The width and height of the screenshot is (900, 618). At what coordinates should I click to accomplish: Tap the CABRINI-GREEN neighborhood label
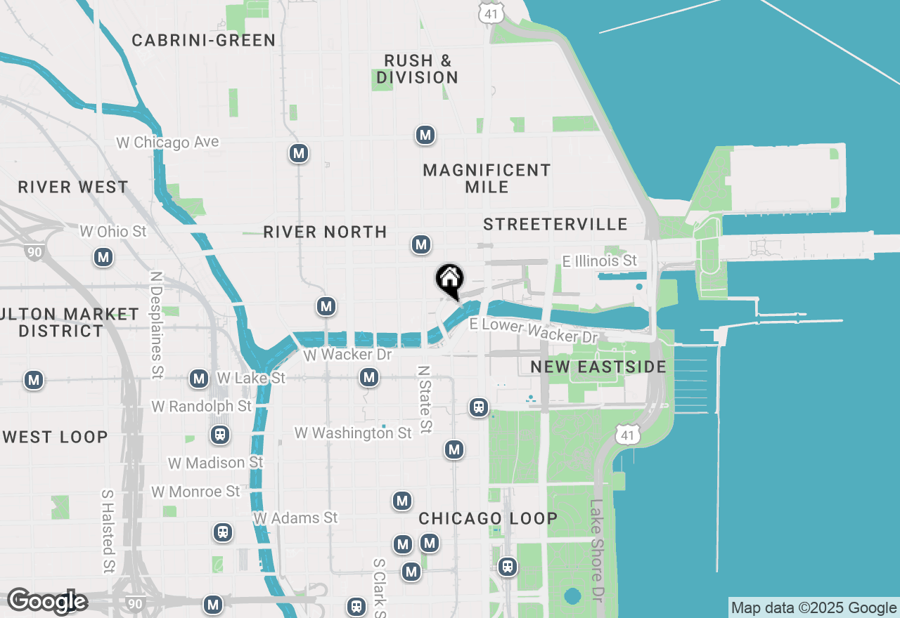click(204, 41)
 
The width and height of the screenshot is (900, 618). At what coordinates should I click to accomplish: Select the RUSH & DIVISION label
click(417, 69)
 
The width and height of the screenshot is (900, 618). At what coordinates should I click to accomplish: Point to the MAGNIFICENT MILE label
click(487, 178)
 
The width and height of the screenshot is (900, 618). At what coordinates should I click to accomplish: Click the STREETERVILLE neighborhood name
click(555, 224)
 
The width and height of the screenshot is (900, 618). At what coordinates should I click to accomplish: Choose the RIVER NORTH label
click(325, 232)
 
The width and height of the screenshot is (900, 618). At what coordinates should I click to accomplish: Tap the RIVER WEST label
click(73, 187)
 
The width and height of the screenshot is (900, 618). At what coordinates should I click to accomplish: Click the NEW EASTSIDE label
click(598, 367)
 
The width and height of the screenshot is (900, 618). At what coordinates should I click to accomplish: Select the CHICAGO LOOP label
click(488, 518)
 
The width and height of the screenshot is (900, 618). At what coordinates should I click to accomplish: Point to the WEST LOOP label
click(56, 437)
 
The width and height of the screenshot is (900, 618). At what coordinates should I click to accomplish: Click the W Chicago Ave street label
click(167, 142)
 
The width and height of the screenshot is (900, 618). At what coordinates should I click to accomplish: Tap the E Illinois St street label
click(599, 261)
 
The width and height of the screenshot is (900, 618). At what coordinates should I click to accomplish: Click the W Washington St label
click(353, 433)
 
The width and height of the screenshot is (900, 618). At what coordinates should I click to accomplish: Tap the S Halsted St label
click(108, 531)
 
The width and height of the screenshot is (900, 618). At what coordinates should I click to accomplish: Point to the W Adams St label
click(295, 518)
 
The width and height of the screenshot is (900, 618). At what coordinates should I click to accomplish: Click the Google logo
click(47, 601)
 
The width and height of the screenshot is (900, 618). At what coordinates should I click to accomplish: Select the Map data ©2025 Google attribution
click(814, 608)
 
